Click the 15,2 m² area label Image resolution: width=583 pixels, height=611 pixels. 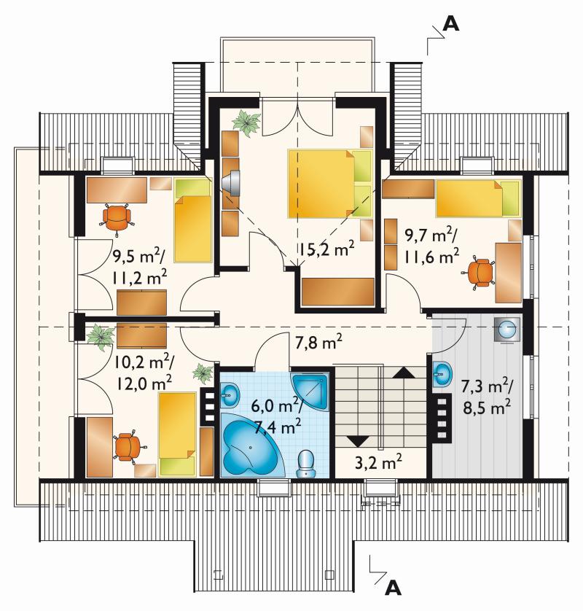(x=326, y=249)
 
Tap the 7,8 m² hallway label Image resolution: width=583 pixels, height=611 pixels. (x=318, y=343)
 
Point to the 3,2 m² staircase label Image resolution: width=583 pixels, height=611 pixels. (x=378, y=462)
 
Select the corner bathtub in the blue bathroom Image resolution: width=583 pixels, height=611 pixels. (x=252, y=445)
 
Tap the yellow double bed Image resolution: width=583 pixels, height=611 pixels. (x=330, y=183)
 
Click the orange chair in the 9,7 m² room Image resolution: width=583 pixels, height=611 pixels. (x=479, y=273)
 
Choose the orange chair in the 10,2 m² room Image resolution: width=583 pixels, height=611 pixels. (x=129, y=448)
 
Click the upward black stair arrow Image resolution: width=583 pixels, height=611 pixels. (x=404, y=373)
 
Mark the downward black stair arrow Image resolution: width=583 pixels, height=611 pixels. (x=358, y=441)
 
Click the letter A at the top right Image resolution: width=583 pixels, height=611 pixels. (x=451, y=24)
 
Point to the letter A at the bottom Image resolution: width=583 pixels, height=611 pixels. (x=393, y=588)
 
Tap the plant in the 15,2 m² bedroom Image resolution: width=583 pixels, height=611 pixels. (x=246, y=122)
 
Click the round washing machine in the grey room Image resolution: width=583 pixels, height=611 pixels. (x=507, y=330)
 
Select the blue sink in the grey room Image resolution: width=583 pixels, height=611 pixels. (x=443, y=374)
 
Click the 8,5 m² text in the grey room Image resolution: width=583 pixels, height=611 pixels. (x=487, y=408)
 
